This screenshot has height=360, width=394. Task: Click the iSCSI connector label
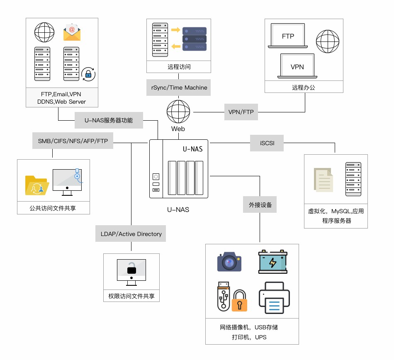pyautogui.click(x=267, y=144)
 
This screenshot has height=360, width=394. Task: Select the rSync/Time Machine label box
pyautogui.click(x=179, y=88)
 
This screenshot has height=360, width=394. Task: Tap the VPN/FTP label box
pyautogui.click(x=241, y=112)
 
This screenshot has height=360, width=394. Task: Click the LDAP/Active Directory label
pyautogui.click(x=131, y=234)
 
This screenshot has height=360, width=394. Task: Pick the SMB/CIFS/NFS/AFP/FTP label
pyautogui.click(x=73, y=141)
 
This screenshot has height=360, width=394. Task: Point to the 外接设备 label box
pyautogui.click(x=260, y=205)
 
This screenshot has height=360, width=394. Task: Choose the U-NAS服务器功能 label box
pyautogui.click(x=109, y=120)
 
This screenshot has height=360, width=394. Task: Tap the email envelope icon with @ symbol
pyautogui.click(x=72, y=33)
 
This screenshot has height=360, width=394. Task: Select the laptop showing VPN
pyautogui.click(x=297, y=66)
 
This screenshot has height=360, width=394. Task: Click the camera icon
pyautogui.click(x=229, y=262)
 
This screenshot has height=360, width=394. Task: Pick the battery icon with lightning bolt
pyautogui.click(x=273, y=262)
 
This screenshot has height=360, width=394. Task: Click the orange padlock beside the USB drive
pyautogui.click(x=239, y=301)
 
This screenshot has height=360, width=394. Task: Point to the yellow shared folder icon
pyautogui.click(x=37, y=185)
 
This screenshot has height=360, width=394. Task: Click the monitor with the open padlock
pyautogui.click(x=131, y=272)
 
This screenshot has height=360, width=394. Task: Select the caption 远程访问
pyautogui.click(x=179, y=67)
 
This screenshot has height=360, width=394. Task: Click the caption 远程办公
pyautogui.click(x=304, y=88)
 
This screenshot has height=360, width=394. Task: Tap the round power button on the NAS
pyautogui.click(x=156, y=176)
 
